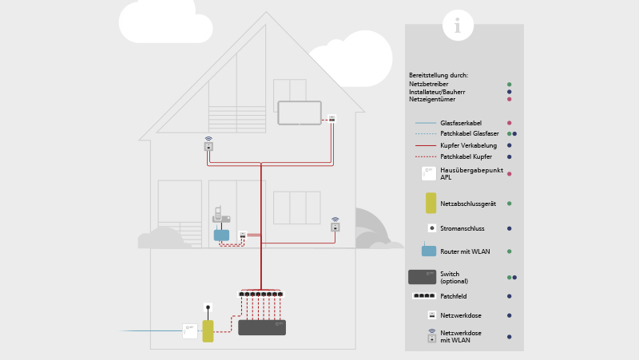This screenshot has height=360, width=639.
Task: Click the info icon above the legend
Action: [458, 26]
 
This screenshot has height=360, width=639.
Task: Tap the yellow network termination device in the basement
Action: [208, 331]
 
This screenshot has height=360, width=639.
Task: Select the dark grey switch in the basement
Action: [261, 327]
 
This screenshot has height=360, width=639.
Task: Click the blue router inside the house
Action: [221, 235]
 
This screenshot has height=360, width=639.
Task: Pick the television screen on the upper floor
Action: [300, 113]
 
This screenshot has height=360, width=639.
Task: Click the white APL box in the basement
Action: [190, 330]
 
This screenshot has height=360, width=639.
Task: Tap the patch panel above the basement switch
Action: [260, 294]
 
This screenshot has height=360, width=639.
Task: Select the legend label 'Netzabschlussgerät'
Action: [468, 204]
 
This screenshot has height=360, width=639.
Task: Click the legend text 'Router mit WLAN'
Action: [465, 251]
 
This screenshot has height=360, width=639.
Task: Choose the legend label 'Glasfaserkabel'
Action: [461, 123]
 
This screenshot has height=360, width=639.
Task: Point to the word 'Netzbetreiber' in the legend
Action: [429, 84]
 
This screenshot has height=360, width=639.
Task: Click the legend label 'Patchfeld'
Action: [454, 296]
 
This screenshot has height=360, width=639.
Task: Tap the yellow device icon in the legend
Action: [431, 203]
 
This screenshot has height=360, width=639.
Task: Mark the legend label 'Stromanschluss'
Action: [462, 228]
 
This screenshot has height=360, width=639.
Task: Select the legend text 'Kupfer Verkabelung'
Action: [468, 145]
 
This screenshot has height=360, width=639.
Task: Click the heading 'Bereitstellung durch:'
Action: [439, 75]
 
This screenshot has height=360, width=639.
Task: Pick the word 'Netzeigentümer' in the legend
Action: [431, 99]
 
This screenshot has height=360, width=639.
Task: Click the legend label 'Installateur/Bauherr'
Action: [437, 92]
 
